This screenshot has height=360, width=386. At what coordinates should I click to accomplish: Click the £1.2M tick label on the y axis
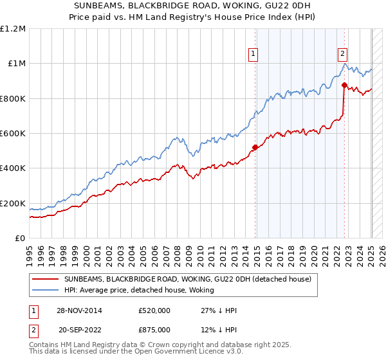[x=13, y=29]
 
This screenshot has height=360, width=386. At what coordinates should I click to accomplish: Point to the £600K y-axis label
[x=13, y=134]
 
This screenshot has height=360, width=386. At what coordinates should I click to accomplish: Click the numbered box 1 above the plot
[x=254, y=54]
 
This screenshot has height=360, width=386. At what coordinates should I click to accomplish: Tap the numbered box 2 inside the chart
[x=343, y=54]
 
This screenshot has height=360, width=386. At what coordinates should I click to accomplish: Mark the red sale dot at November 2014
[x=255, y=147]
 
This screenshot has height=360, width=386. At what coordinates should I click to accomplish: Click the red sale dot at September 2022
[x=344, y=85]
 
